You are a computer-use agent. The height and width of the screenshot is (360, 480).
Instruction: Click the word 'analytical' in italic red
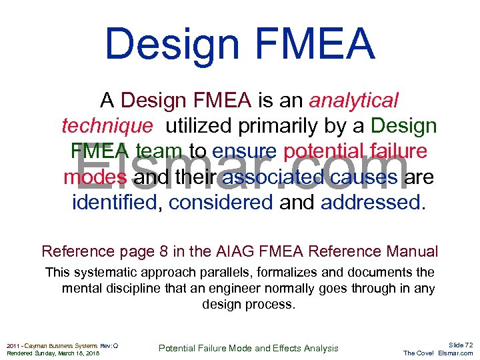coord(353,101)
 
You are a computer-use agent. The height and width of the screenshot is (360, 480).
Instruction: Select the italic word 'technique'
coord(107,126)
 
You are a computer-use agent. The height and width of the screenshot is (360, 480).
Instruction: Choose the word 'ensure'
coord(246,151)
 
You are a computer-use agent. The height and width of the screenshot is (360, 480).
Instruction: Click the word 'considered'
coord(221,202)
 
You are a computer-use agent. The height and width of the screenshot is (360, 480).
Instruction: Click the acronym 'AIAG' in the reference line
coord(230,251)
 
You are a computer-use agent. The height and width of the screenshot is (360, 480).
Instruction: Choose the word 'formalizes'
coord(283,273)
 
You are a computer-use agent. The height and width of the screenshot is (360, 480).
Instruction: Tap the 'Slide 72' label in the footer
coord(460,345)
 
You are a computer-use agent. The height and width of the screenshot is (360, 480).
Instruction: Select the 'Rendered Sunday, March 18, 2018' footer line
coord(53,353)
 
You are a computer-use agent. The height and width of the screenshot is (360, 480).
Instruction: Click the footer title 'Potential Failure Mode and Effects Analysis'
coord(248,348)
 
